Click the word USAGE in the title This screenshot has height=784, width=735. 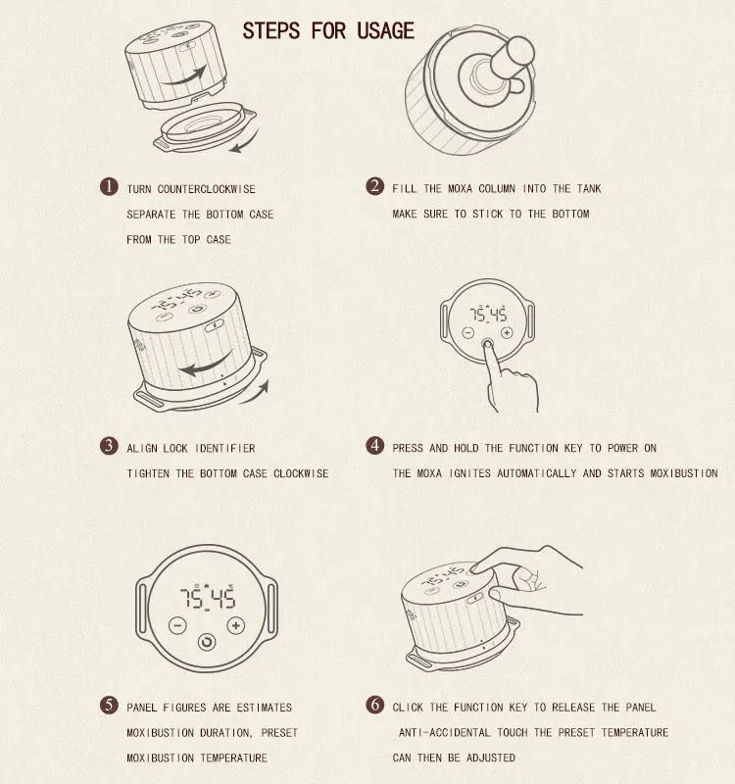(x=385, y=31)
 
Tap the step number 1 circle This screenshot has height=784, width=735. (x=109, y=187)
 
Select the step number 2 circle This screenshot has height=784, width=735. (x=374, y=186)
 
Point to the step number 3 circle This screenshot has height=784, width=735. (x=109, y=446)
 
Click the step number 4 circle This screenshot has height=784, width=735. (x=374, y=446)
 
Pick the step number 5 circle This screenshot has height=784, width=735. (x=109, y=706)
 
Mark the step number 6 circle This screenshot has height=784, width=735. (x=374, y=705)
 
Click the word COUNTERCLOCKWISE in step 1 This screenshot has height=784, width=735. (x=206, y=189)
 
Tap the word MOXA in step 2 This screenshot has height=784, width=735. (x=460, y=188)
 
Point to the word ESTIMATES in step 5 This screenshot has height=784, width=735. (x=264, y=708)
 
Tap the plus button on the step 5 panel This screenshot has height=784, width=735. (x=235, y=625)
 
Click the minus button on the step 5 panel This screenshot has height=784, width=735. (x=177, y=625)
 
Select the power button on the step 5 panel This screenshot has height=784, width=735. (x=207, y=642)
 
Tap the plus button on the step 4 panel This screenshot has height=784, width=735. (x=507, y=332)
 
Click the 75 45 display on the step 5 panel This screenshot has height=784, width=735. (x=207, y=597)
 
